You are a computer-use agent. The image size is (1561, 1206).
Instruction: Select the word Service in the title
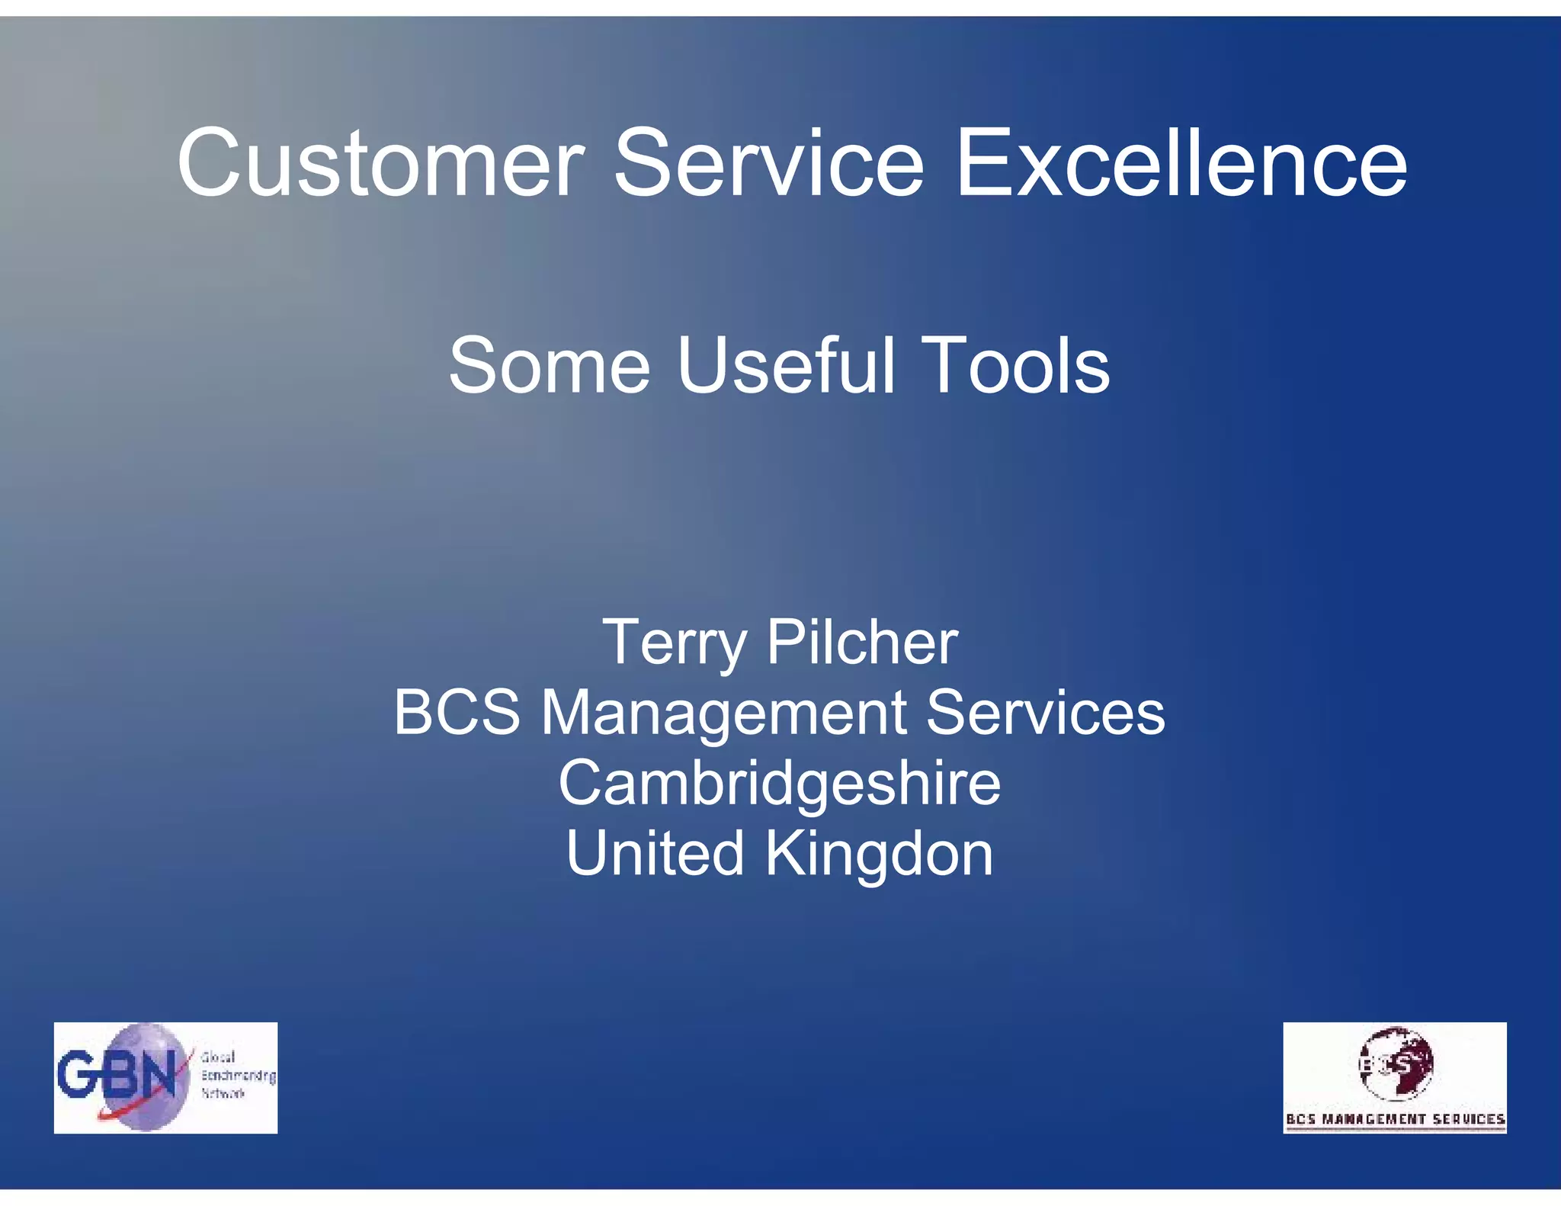(x=769, y=164)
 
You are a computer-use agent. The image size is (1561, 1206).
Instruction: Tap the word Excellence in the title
(x=1181, y=164)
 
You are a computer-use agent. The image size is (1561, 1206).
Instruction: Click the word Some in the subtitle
(x=549, y=367)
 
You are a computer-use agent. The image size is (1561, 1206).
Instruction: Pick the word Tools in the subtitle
(x=1015, y=367)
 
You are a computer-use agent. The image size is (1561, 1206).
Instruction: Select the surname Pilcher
(x=862, y=643)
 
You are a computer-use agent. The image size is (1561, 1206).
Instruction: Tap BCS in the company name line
(x=457, y=713)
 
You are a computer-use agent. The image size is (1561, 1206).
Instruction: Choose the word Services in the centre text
(x=1045, y=713)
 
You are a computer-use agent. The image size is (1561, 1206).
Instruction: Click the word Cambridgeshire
(x=779, y=784)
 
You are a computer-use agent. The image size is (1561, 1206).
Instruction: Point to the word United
(x=655, y=853)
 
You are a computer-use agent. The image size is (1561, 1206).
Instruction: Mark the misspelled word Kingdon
(x=879, y=855)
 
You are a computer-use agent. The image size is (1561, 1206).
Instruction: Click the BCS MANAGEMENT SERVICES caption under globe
(x=1395, y=1119)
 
